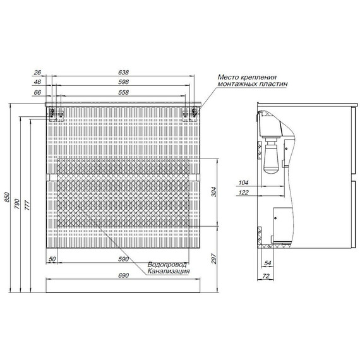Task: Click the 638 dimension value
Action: (124, 73)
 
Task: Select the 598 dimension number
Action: (124, 82)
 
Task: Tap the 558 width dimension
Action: (124, 92)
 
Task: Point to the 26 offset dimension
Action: (37, 73)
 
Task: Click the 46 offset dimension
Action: (37, 82)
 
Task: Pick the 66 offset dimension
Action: (37, 92)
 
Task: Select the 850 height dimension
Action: (7, 197)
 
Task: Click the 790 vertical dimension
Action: (18, 204)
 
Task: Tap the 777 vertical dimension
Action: (27, 205)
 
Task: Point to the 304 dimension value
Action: (213, 192)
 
